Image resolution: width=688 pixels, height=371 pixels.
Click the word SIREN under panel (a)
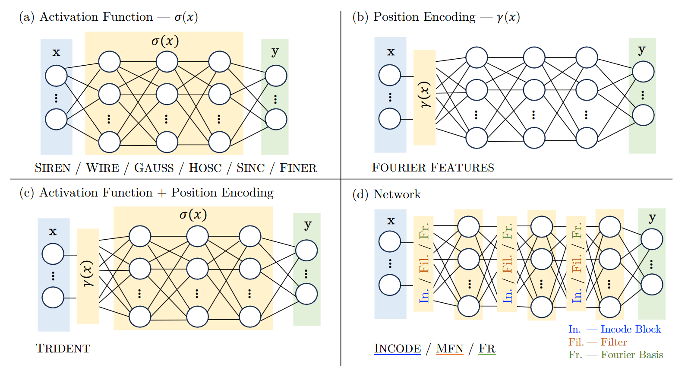52,168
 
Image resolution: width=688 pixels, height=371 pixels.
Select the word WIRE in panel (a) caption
102,168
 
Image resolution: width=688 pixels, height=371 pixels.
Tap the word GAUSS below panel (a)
154,168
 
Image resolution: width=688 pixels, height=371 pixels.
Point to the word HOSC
205,168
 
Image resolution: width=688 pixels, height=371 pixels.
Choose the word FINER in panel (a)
298,168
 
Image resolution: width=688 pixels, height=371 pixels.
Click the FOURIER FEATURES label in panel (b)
433,168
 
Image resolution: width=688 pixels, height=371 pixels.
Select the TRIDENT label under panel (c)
63,349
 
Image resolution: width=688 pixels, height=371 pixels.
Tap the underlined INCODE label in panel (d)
397,349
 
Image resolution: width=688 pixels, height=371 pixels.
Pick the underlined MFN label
449,349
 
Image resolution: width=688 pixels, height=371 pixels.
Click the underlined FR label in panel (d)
487,349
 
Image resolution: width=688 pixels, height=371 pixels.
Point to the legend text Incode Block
631,330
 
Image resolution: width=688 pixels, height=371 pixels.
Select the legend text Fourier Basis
632,355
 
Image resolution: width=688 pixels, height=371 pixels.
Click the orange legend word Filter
614,342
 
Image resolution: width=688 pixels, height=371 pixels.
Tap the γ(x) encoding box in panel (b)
424,97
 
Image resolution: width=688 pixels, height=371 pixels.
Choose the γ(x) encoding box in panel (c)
88,276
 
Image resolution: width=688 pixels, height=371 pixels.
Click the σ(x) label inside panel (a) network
165,41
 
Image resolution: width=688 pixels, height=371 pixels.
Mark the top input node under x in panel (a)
56,76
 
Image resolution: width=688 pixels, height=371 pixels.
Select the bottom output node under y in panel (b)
643,115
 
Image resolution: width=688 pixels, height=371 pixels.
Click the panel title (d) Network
387,194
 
